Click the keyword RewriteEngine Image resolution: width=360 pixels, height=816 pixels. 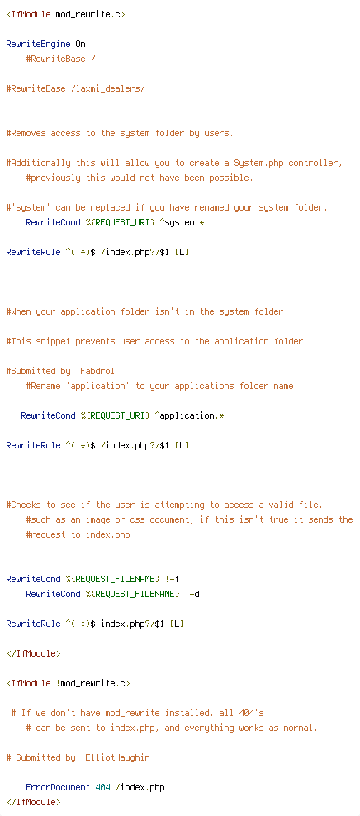coord(38,44)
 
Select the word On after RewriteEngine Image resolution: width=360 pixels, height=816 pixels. coord(80,44)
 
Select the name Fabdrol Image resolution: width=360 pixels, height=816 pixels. coord(97,371)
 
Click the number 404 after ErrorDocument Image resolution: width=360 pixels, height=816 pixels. coord(102,787)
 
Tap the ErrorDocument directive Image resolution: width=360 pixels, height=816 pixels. coord(58,787)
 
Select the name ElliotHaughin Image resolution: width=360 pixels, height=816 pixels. coord(117,757)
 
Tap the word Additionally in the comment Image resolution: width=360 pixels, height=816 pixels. coord(40,163)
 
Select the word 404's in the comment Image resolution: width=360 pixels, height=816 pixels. coord(251,713)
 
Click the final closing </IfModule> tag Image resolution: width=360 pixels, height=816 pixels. coord(33,803)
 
